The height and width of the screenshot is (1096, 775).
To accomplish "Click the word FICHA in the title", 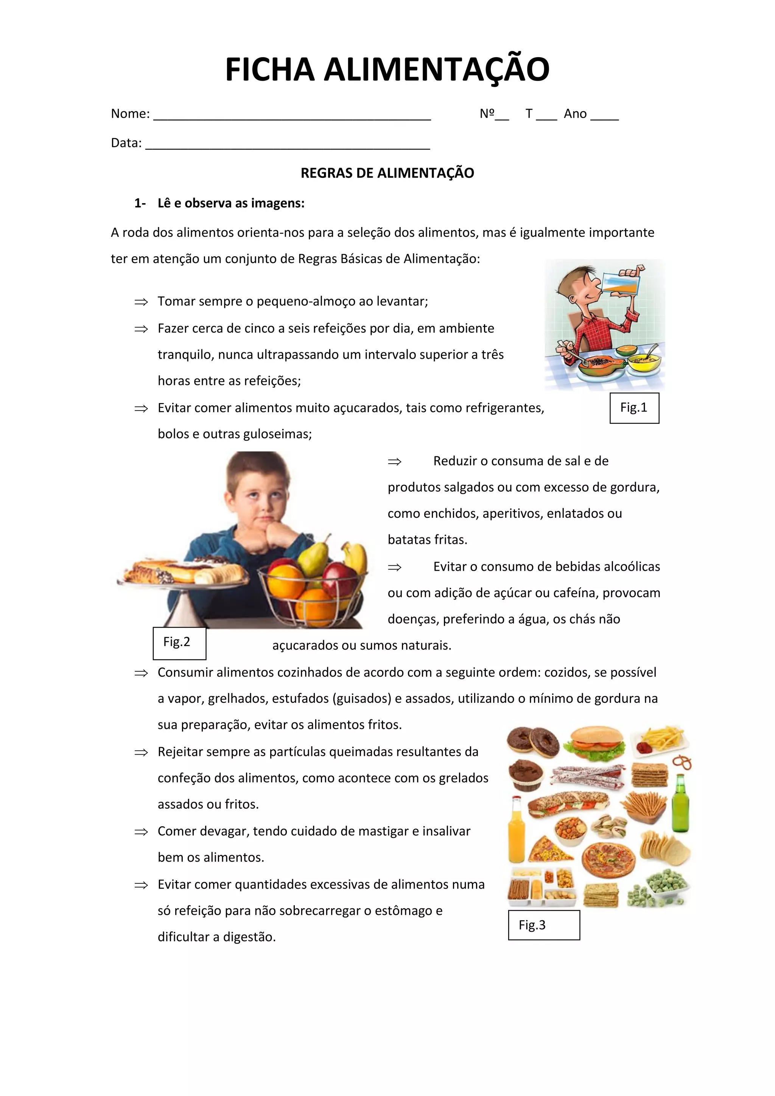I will click(x=270, y=70).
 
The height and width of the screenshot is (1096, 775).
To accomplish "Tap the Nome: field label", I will click(x=130, y=114).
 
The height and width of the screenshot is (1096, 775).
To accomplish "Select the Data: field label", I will click(x=126, y=143).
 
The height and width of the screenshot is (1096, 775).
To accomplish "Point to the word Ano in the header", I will click(x=575, y=114).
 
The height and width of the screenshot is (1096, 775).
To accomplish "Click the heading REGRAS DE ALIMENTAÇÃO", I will click(x=387, y=173).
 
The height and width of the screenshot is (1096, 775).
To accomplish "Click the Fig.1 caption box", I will click(x=634, y=408).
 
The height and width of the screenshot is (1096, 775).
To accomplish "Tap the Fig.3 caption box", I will click(x=543, y=925).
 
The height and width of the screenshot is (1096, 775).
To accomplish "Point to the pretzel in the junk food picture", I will click(x=683, y=762).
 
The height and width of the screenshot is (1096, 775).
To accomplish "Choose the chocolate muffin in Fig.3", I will click(x=525, y=775).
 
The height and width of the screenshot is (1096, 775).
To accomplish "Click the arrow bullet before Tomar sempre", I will click(x=141, y=302).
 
